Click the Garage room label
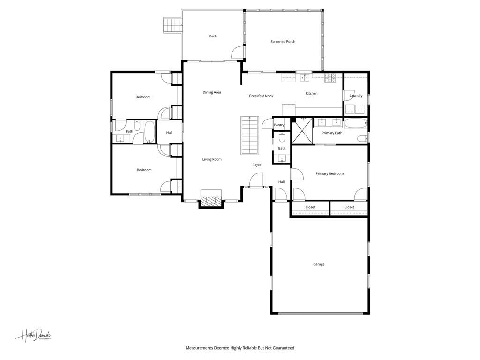click(319, 264)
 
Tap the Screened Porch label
click(283, 42)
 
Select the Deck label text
click(213, 37)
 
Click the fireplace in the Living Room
click(210, 200)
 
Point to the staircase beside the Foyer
click(249, 135)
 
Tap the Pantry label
click(279, 125)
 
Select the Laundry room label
click(356, 96)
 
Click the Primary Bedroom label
click(330, 173)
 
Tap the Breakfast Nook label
click(261, 96)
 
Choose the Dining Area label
click(212, 92)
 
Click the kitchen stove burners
click(331, 78)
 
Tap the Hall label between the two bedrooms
click(169, 133)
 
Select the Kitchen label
click(312, 93)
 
